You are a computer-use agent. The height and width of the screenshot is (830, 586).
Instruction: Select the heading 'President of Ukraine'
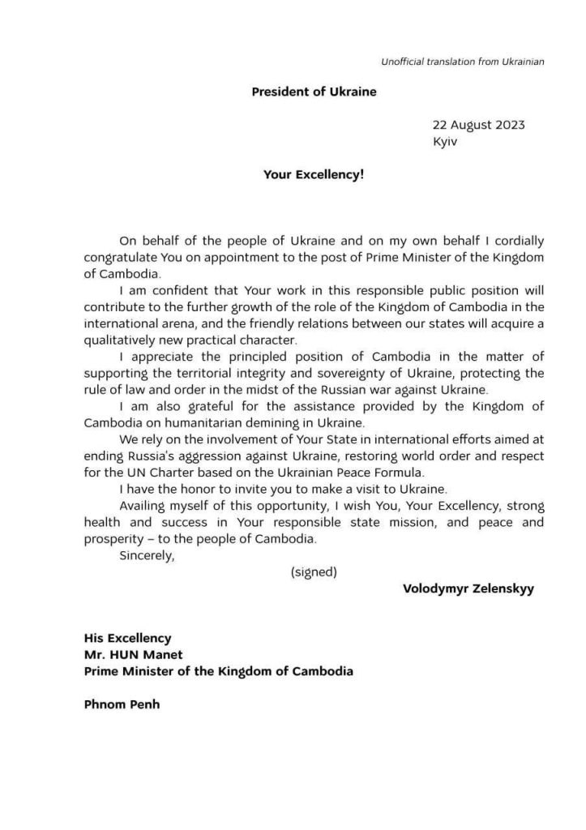click(314, 92)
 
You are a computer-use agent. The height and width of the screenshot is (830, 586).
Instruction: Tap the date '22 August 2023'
click(478, 125)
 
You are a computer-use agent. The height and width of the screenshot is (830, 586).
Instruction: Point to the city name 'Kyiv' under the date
click(446, 141)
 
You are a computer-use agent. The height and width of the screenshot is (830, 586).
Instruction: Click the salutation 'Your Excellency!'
click(314, 173)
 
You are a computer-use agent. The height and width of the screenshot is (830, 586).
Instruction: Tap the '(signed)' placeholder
click(314, 572)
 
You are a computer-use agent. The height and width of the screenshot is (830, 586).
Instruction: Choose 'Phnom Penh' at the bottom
click(122, 704)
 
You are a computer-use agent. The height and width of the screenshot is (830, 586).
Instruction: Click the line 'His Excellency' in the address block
click(127, 639)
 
